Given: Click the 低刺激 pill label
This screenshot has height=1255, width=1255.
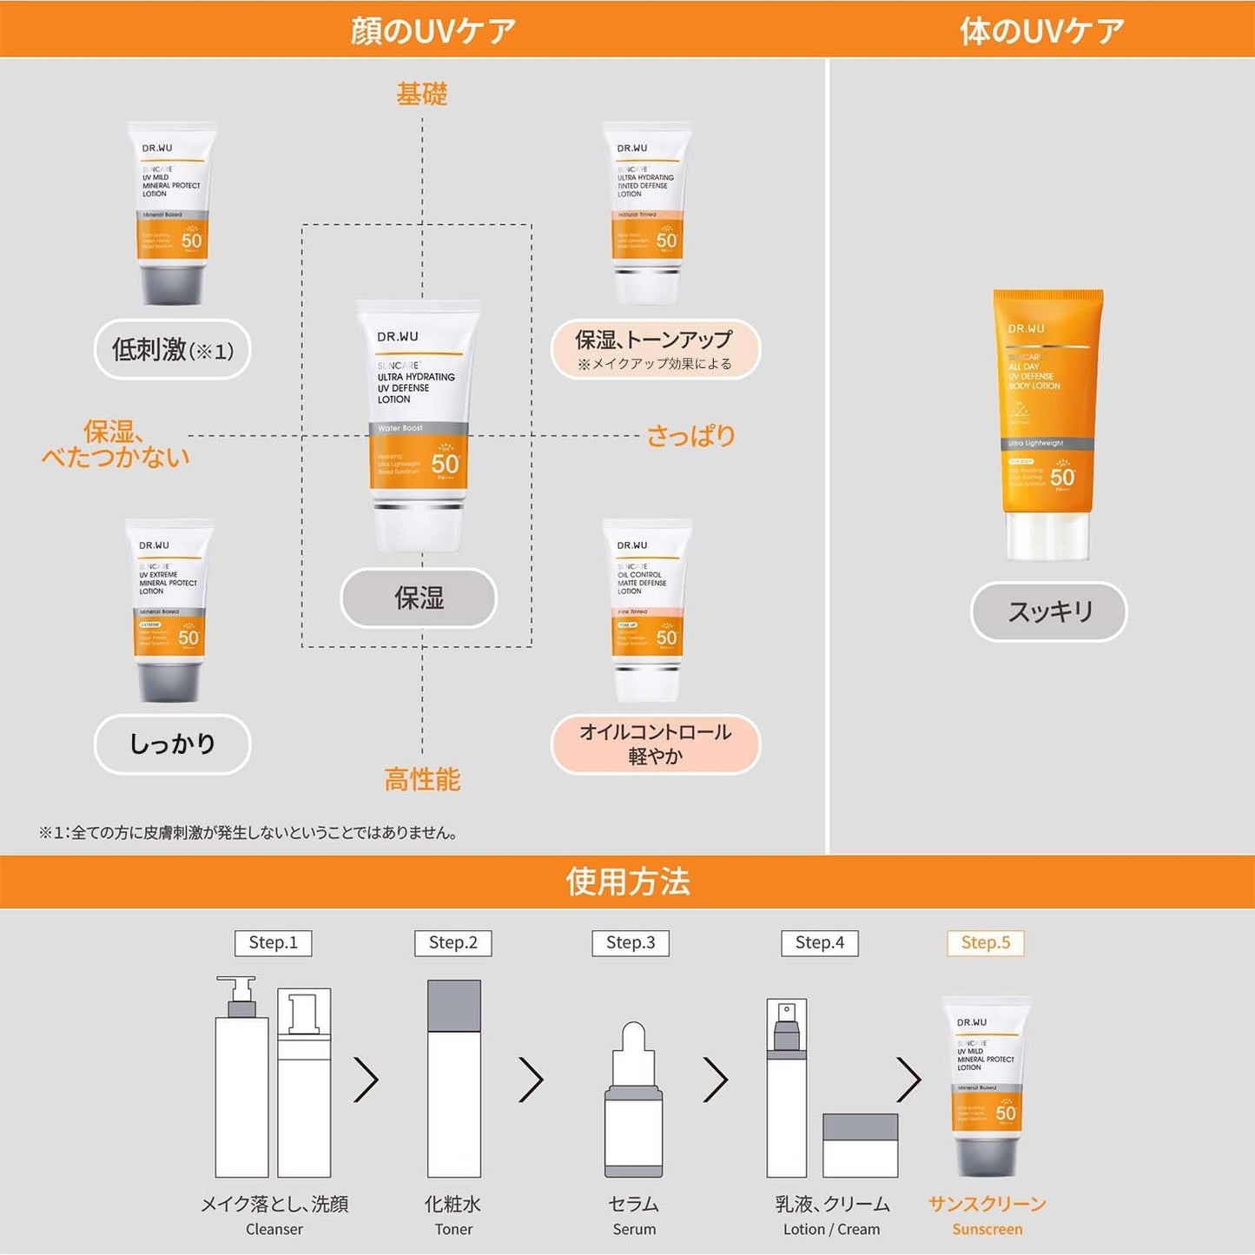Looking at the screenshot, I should (172, 350).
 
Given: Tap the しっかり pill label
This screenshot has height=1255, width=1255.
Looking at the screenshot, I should (172, 743).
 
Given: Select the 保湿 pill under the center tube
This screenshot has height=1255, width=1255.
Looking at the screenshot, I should (419, 598).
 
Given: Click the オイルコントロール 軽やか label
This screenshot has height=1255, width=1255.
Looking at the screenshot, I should (656, 743).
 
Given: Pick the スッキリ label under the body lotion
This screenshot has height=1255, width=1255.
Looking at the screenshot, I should (1048, 611).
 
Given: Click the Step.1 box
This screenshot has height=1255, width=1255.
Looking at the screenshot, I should (273, 942).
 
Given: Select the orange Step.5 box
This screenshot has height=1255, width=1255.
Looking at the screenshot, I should (985, 942).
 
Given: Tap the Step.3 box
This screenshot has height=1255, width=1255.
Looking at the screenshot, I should (631, 942).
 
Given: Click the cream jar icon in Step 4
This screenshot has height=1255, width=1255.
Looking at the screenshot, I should (860, 1145).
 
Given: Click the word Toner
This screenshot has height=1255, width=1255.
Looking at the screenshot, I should (453, 1229).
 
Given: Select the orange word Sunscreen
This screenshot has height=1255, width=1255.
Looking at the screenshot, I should (987, 1229).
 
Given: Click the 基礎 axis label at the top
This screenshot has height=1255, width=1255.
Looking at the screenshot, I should (422, 94).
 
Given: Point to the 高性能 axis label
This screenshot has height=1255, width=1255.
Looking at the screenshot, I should (422, 779).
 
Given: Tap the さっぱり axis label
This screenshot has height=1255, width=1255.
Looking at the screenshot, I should (691, 435).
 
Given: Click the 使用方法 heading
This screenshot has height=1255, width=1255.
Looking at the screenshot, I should (627, 882).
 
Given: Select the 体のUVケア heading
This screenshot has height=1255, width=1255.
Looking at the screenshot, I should (1041, 30).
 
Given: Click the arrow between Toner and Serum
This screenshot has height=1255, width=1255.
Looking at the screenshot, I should (532, 1080).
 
